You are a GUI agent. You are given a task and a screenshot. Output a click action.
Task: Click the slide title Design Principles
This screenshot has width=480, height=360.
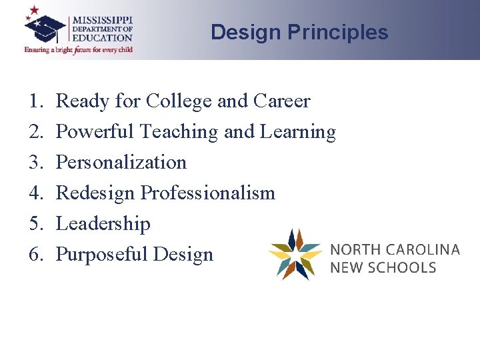tap(299, 32)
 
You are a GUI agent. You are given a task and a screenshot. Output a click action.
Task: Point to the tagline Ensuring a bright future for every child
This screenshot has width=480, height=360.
tap(79, 49)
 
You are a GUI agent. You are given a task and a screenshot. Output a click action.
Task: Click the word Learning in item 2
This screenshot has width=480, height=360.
tap(297, 132)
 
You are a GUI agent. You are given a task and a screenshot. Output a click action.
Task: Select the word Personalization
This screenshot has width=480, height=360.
tap(121, 162)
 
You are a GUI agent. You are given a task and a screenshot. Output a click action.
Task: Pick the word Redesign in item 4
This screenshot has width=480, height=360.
tap(95, 193)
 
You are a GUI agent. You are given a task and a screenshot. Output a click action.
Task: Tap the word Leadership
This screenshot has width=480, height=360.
tap(103, 223)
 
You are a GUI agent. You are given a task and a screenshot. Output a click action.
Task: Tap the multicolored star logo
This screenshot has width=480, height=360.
tap(295, 255)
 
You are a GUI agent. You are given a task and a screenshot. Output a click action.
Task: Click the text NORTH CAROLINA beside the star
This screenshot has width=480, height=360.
tap(395, 250)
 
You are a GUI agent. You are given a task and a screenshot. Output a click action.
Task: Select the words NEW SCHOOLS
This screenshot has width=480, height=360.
tap(383, 267)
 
